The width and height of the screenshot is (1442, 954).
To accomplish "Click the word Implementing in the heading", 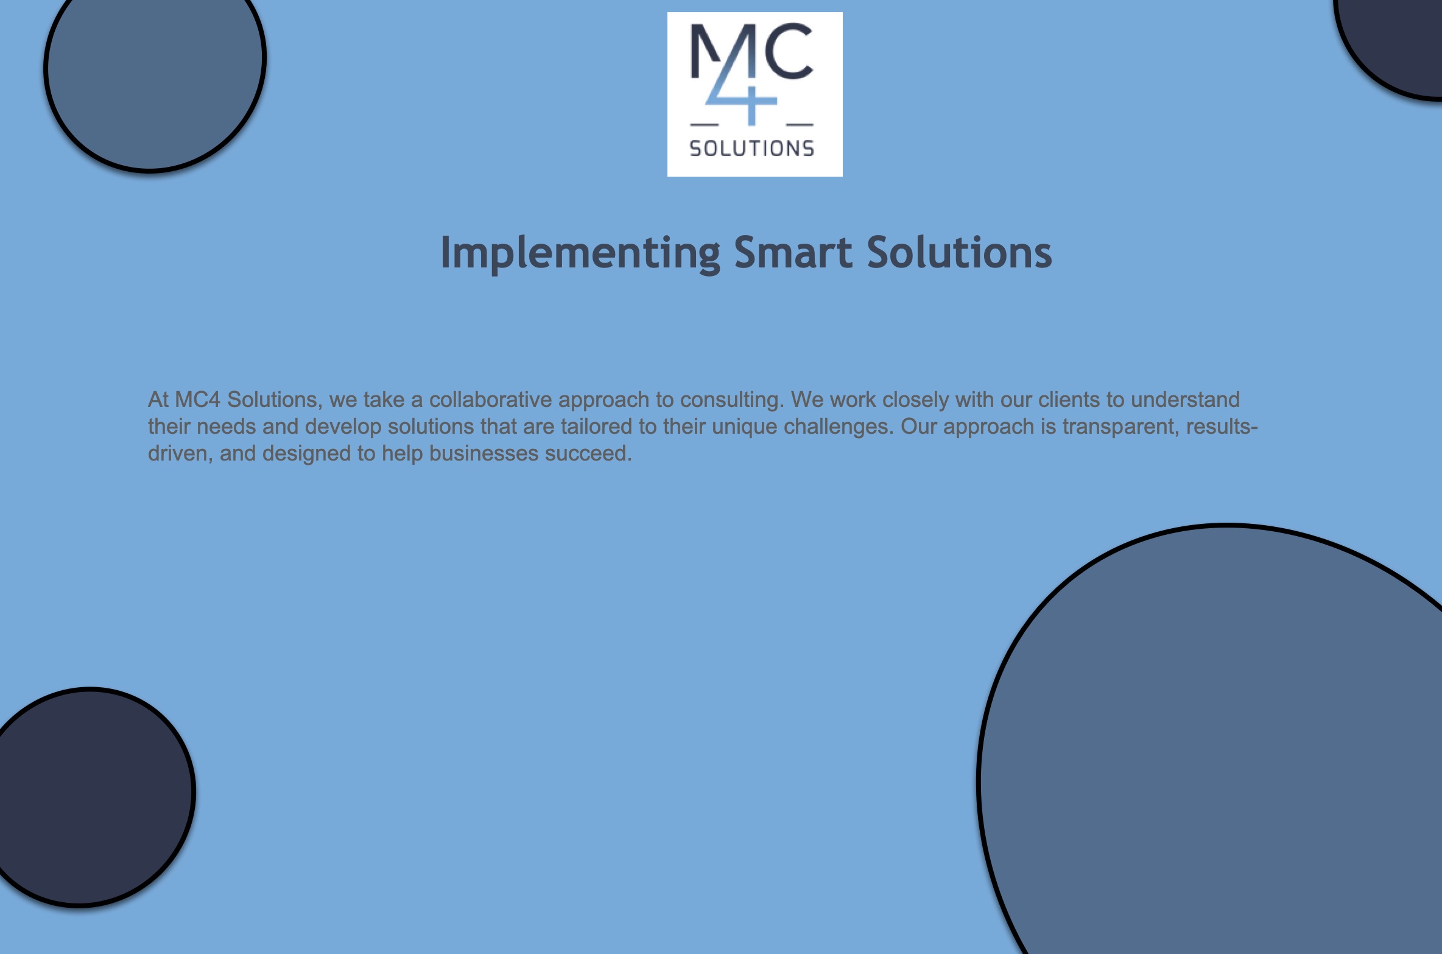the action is (580, 253).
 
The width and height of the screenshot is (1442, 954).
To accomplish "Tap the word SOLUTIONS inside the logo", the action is (751, 148).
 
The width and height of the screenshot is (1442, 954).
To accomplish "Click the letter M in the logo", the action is (719, 52).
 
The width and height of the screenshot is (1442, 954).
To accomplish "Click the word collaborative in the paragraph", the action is (490, 400).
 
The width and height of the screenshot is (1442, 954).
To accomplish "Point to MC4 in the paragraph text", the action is (197, 400).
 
